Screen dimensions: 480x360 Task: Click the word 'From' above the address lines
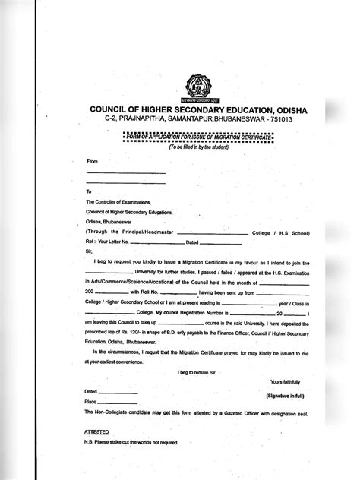[93, 162]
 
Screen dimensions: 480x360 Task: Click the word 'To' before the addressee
[89, 191]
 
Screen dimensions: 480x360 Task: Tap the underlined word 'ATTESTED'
[96, 430]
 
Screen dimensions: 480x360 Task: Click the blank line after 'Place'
[118, 401]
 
